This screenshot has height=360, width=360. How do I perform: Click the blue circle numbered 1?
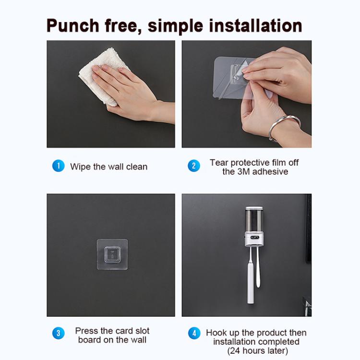tap(58, 166)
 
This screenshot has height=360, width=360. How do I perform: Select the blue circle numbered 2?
tap(193, 166)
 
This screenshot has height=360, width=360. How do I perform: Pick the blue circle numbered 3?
tap(58, 333)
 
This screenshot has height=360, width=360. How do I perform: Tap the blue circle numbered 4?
tap(193, 333)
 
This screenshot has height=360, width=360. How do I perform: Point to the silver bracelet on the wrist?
tap(283, 126)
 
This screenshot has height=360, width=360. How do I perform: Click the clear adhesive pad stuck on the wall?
tap(112, 254)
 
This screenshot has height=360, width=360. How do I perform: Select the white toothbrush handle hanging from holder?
tap(251, 278)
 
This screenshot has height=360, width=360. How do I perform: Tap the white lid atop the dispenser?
tap(253, 209)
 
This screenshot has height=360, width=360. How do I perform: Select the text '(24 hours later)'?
tap(257, 351)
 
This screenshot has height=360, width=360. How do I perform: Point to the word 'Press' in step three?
tap(86, 331)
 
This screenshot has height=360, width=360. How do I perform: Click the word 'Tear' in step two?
tap(219, 162)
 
